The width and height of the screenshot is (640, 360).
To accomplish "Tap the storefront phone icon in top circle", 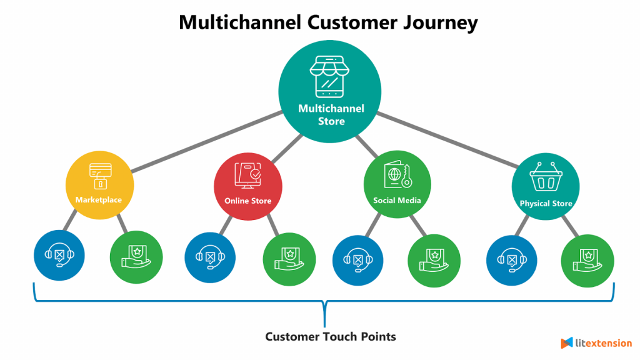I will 331,76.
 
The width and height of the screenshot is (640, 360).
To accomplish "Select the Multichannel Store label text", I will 331,115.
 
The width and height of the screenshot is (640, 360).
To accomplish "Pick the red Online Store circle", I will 247,186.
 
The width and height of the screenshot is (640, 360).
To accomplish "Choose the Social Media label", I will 397,201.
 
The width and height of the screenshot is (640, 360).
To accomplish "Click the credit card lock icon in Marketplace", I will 100,176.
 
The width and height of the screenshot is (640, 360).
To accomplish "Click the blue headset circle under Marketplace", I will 59,256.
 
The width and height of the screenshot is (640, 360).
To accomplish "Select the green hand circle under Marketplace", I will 136,257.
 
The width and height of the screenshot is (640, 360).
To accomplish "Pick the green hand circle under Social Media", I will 434,257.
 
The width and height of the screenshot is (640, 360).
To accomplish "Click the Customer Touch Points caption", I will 331,337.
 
